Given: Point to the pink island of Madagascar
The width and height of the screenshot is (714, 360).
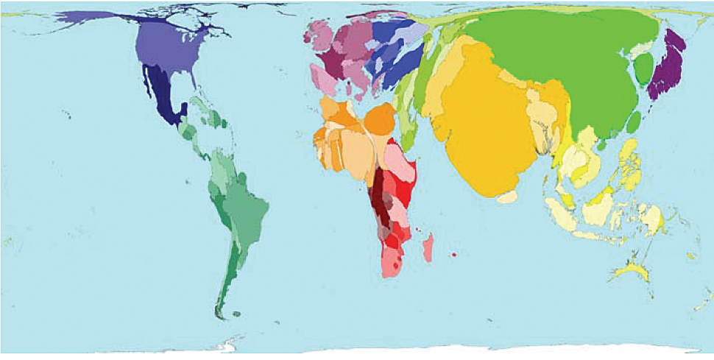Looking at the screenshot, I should pos(428,247).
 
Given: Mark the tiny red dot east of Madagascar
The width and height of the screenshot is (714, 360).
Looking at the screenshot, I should pos(454,255).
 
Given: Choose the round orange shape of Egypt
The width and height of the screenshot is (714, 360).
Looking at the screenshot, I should pos(380,119).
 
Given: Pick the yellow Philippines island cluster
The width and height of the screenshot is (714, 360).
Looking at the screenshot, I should pos(629,166).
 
